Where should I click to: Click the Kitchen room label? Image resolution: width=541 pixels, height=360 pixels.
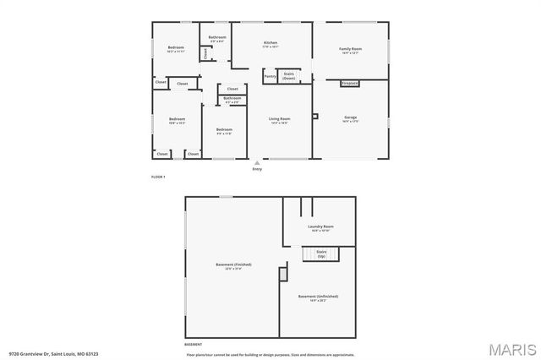[x=270, y=43]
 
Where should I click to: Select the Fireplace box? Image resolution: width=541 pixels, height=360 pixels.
[x=350, y=84]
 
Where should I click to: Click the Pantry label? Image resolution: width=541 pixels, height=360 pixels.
[x=270, y=77]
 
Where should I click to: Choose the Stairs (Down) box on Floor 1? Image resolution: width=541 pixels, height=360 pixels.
[x=289, y=75]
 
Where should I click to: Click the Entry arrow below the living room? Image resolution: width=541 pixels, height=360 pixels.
[x=257, y=163]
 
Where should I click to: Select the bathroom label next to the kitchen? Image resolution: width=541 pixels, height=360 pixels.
[x=217, y=38]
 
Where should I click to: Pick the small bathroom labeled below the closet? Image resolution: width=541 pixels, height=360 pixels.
[x=232, y=100]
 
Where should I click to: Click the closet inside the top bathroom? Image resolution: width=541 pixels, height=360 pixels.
[x=205, y=53]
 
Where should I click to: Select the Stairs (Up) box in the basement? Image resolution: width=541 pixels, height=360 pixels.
[x=321, y=253]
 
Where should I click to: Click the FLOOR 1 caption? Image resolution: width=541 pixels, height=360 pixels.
[x=157, y=177]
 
